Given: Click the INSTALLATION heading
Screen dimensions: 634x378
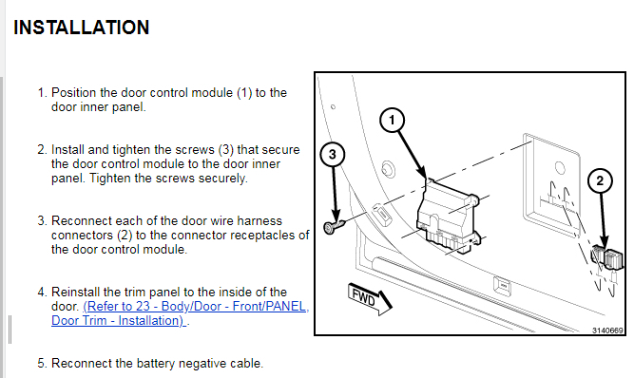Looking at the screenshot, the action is point(82,28).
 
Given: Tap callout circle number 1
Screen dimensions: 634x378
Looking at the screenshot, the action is point(392,120).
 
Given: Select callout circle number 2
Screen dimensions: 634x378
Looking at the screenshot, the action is point(600,180).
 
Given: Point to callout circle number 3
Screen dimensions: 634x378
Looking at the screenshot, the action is point(333,154).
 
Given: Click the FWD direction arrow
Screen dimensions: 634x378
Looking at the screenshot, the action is point(370,299).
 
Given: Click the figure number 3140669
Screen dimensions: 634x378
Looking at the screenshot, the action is point(607,331).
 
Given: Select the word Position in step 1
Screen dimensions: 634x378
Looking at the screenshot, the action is point(74,93).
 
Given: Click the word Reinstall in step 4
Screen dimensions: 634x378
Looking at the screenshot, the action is point(76,292).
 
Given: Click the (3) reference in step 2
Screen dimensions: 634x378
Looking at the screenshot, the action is point(226,150).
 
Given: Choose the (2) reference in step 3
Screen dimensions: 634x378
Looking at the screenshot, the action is point(125,235).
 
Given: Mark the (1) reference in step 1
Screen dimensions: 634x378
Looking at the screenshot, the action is point(244,93).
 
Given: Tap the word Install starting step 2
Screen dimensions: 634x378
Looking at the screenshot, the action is point(67,150).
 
